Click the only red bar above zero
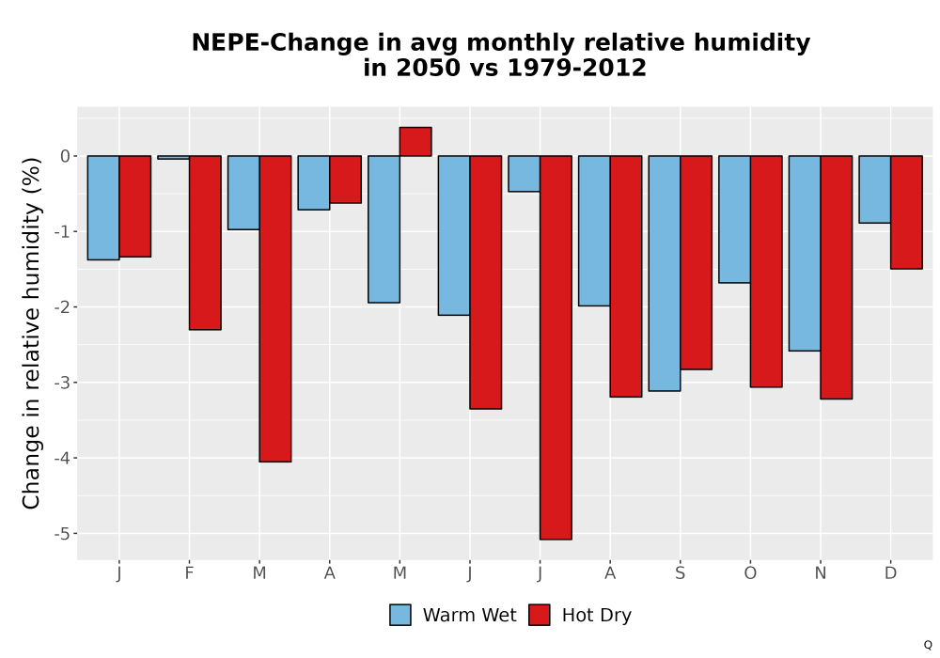coord(415,141)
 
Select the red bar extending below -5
coord(556,348)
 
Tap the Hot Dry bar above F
coord(205,243)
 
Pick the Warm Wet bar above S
coord(665,274)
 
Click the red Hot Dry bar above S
coord(696,262)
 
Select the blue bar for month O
coord(734,219)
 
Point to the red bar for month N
coord(837,277)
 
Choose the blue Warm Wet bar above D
coord(874,189)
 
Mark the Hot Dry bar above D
coord(906,212)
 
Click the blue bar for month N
coord(805,254)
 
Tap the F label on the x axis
coord(189,573)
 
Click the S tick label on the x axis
coord(680,573)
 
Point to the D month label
coord(890,573)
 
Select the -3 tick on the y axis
coord(62,383)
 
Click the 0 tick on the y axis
coord(66,156)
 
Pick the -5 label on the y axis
coord(62,533)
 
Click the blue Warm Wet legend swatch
coord(400,615)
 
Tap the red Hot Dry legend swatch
coord(540,615)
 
